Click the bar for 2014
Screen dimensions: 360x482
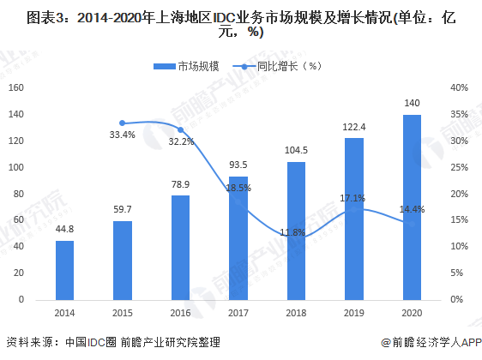click(x=64, y=269)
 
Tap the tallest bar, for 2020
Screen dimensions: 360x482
click(x=412, y=207)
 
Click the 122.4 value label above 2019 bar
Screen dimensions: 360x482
click(x=353, y=127)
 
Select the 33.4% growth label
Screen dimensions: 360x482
click(x=123, y=135)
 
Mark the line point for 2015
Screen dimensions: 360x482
click(x=123, y=123)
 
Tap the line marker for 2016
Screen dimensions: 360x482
click(x=180, y=129)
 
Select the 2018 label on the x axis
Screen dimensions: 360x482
click(x=296, y=312)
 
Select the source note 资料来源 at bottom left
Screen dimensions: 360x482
click(x=111, y=342)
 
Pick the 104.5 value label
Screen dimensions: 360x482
click(x=296, y=151)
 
